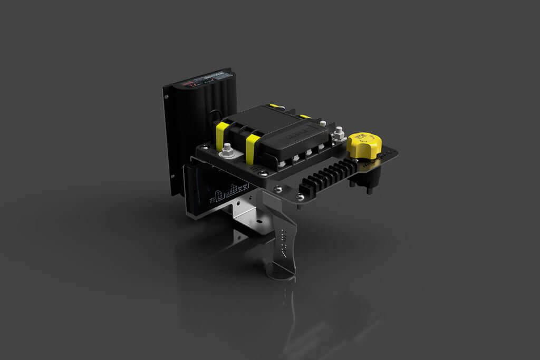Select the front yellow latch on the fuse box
253,148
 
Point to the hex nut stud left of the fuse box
228,151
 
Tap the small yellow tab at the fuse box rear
305,116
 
